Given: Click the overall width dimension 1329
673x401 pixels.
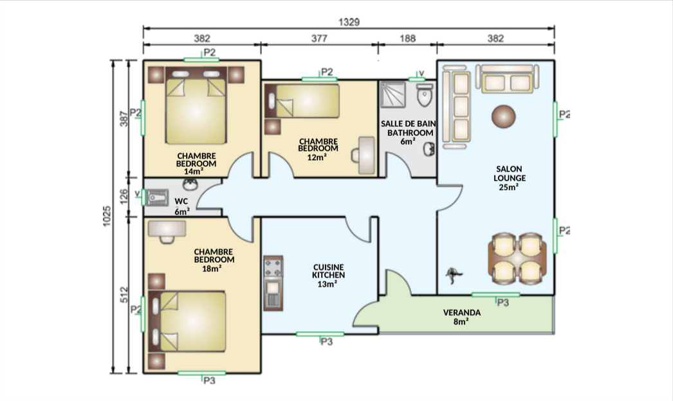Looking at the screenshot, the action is pos(349,22).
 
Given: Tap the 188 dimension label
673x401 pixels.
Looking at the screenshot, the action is pos(407,39).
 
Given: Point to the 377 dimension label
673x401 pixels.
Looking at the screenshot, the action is pos(319,39).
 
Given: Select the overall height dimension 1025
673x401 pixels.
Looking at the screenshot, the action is pos(107,216).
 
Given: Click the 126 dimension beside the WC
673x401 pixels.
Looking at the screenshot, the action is pos(124,197).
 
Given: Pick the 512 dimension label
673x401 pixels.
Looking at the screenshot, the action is pos(124,295).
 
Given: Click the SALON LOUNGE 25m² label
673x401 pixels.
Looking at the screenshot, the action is pos(509,178).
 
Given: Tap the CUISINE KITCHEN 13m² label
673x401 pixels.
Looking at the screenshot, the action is pos(328,275).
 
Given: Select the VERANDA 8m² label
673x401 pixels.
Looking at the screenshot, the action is pos(462,317).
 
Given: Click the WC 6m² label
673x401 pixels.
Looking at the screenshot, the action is pos(181,206).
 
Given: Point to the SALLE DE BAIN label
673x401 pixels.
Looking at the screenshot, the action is pos(408,124).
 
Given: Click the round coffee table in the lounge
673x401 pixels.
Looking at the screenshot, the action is pos(503,116).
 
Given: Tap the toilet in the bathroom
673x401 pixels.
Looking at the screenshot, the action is pos(425,94).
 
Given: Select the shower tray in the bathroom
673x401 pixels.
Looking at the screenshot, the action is pos(392,94).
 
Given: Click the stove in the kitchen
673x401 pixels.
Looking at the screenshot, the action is pos(273,267).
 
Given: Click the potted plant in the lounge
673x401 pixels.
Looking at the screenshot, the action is pos(453,275).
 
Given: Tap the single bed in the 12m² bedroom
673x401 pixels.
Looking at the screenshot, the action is pos(302,102).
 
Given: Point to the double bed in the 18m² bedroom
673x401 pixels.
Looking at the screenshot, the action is pos(188,322).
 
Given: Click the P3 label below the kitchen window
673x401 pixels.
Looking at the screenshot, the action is pos(327,342).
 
